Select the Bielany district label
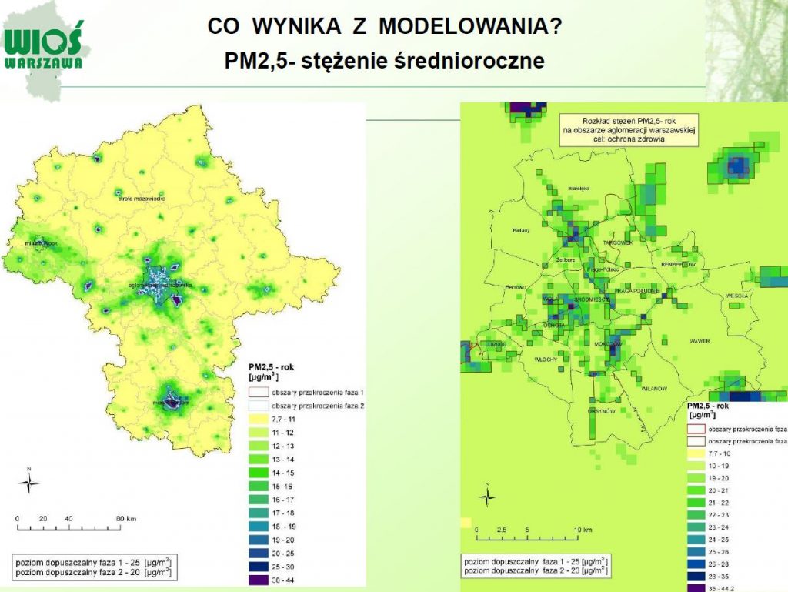(523, 230)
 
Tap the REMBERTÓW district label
(677, 264)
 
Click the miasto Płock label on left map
(41, 243)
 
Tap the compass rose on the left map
(29, 483)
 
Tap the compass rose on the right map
(487, 497)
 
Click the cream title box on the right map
(627, 129)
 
